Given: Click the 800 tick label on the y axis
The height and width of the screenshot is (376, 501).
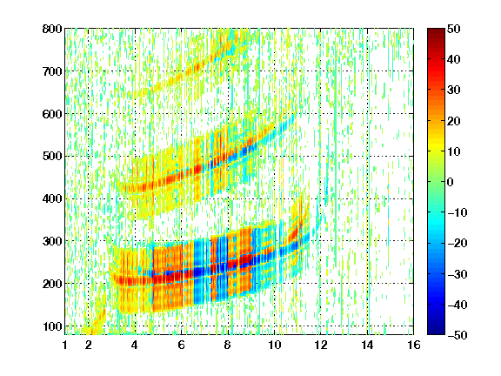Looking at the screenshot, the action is pos(52,29).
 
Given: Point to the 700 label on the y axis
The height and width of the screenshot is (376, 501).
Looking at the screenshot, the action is pos(52,71).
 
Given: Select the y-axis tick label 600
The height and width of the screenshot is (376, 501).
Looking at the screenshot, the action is pos(52,114).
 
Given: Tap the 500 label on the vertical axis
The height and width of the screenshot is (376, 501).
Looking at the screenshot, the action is pos(52,157).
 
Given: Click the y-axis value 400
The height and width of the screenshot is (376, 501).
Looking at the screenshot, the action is pos(52,198).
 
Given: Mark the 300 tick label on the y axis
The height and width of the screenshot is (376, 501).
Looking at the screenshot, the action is pos(52,241).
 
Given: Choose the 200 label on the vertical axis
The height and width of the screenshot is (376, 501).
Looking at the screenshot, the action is pos(52,284).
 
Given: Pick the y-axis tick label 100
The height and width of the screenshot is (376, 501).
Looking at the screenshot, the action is pos(52,326).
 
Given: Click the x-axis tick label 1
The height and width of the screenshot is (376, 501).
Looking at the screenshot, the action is pos(65,345).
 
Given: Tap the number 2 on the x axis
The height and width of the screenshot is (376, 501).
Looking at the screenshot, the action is pos(89,345).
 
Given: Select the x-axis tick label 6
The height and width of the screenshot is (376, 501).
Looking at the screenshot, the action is pos(182,345).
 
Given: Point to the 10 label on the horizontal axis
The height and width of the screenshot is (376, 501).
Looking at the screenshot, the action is pos(274,345).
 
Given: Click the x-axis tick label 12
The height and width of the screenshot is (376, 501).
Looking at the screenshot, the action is pos(321,345).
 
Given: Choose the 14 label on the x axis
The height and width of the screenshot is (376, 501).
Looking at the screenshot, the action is pos(367,345).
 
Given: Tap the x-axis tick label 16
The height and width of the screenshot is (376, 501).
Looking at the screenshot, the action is pos(414,345).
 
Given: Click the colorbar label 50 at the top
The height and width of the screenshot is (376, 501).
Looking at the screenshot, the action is pos(453,29).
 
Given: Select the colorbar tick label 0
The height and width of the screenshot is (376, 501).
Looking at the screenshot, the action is pos(451,182).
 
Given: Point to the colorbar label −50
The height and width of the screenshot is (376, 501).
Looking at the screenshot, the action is pos(457,335).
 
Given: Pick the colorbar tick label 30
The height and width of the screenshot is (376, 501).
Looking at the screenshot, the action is pos(453,91).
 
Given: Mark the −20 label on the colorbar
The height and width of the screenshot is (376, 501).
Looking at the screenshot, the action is pos(457,243).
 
